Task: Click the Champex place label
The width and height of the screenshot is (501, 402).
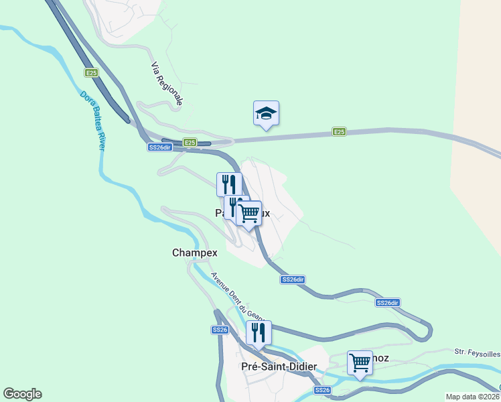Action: [195, 253]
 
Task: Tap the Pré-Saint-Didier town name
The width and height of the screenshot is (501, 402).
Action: [279, 366]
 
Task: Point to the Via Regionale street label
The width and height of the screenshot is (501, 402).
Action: [167, 84]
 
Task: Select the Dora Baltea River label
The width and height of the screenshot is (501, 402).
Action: [93, 121]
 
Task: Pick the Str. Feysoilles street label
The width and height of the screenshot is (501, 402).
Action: [477, 351]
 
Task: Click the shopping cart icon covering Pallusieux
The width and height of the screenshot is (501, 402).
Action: [249, 214]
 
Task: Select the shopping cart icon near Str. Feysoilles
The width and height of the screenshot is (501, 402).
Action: [360, 364]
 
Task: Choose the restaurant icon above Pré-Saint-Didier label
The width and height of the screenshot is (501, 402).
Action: [258, 333]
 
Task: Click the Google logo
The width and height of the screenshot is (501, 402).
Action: [22, 394]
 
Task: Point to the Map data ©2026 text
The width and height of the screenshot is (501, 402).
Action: [473, 396]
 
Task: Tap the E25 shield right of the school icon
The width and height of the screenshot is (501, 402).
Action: [340, 133]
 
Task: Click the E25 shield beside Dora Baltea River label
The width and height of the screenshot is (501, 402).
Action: [91, 72]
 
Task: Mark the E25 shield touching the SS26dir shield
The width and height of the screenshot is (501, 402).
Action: [190, 143]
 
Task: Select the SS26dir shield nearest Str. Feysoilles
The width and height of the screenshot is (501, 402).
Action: [388, 303]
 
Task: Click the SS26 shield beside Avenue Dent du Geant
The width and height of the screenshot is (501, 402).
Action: [220, 330]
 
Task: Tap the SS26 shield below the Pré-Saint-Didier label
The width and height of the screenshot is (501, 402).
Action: [322, 390]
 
